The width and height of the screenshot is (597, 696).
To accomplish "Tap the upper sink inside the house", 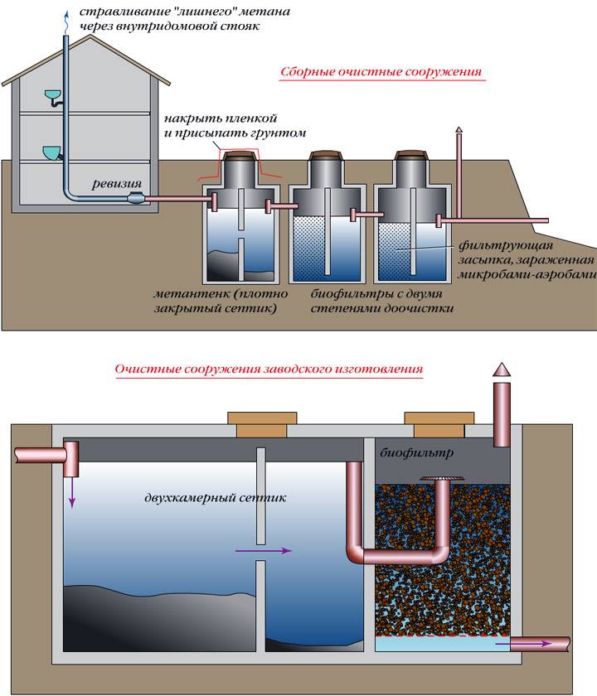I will click(53, 97).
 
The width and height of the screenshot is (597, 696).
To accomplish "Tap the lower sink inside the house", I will click(52, 152).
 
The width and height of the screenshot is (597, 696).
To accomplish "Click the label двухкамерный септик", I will click(214, 499).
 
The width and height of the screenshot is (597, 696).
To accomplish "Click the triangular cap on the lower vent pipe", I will click(504, 369).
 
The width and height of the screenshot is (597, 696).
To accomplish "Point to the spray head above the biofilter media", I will click(439, 479).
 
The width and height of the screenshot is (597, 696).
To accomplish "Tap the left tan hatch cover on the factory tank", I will click(260, 423).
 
